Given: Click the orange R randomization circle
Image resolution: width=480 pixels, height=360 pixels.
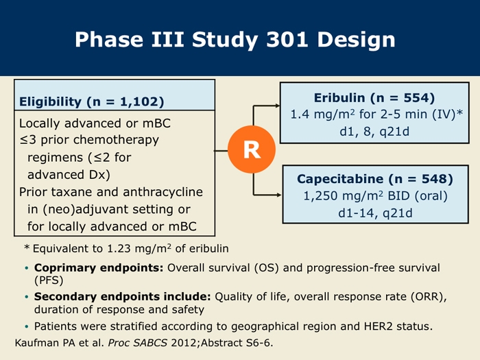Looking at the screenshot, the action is click(252, 149).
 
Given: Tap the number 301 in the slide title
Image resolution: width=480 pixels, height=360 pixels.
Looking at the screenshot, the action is click(287, 40).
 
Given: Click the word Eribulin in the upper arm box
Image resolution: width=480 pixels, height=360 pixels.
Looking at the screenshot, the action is click(339, 97).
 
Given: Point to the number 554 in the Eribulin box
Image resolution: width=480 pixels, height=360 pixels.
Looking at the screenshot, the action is click(417, 97).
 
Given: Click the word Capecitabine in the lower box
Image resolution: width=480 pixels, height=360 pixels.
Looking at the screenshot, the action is click(340, 179).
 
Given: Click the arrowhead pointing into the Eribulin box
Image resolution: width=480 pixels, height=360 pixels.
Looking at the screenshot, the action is click(278, 106).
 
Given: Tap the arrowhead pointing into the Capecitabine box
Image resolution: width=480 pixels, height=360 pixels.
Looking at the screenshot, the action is click(279, 195).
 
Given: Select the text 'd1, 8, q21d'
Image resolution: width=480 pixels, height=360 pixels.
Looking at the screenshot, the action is click(374, 132).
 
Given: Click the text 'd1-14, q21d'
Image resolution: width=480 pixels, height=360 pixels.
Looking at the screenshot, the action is click(375, 213).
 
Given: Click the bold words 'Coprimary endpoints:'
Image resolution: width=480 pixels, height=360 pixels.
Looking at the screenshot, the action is click(99, 268).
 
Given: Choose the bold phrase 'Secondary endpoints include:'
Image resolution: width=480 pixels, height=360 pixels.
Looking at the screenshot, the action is click(123, 297).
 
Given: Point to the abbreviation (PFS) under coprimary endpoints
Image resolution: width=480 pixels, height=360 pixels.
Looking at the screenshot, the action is click(49, 280).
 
